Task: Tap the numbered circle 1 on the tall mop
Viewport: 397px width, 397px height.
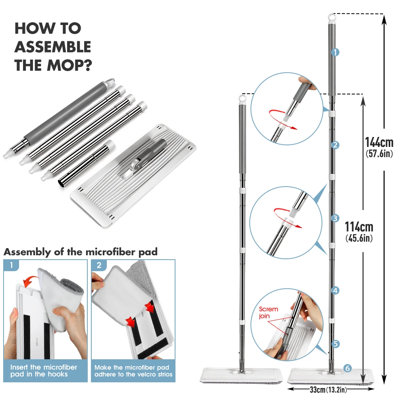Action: coord(335,52)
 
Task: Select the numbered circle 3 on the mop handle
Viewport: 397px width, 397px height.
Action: coord(335,218)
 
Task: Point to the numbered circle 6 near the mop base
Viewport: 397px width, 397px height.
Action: coord(348,368)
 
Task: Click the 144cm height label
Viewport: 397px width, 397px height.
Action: coord(379,142)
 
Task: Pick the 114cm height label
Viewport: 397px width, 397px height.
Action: coord(359,227)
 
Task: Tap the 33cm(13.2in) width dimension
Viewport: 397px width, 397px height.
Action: coord(328,389)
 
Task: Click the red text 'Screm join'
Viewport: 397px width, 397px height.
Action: coord(268,312)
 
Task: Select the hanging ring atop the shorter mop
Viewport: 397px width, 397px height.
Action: coord(242,99)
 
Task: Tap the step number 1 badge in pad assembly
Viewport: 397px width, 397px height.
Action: coord(11,265)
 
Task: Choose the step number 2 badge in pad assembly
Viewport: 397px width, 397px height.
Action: coord(99,265)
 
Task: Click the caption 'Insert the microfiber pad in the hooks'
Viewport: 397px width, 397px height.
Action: coord(44,371)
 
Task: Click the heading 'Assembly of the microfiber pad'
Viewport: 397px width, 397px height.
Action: coord(81,252)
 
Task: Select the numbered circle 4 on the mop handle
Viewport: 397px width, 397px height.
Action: coord(335,291)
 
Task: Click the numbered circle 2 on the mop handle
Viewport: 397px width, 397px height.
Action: coord(335,145)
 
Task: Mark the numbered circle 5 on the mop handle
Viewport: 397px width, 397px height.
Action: coord(335,344)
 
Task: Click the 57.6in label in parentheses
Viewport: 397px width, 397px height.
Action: coord(379,154)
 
